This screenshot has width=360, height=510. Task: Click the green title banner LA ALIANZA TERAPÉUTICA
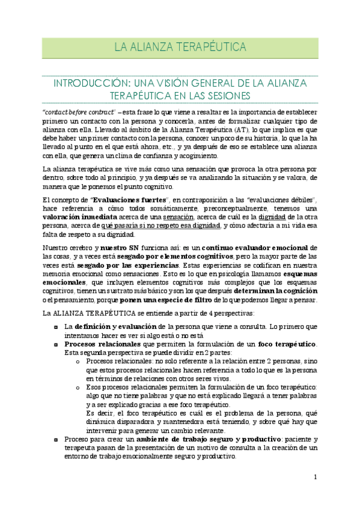coord(180,47)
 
